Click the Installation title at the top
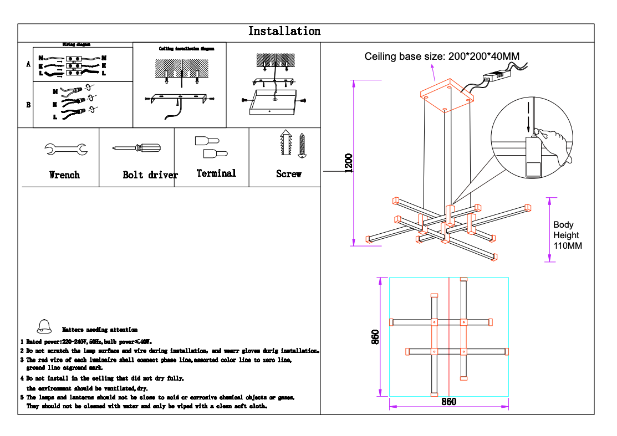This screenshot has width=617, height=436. coord(284,32)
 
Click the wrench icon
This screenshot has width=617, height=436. coord(65,148)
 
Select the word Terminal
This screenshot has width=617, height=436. coord(216,173)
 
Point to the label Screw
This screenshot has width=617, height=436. coord(288,174)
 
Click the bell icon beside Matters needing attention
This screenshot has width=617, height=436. coord(44,326)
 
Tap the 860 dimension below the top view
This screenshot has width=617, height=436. coord(448,402)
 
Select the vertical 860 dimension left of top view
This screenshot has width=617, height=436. coord(375,337)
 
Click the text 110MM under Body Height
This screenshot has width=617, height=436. coord(568,245)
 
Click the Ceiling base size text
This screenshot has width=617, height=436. coord(442,56)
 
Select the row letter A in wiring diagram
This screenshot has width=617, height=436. coord(28,64)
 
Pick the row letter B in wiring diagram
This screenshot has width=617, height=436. coord(28,104)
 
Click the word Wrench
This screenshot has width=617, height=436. coord(64,175)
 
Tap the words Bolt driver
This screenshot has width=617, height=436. coord(150,175)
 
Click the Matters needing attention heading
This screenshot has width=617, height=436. coord(100,330)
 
